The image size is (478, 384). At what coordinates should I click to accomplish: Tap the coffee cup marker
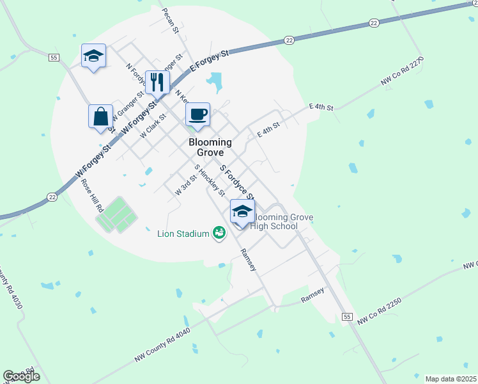197,114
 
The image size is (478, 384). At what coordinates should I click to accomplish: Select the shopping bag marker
100,117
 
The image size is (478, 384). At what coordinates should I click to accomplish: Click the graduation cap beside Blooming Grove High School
242,211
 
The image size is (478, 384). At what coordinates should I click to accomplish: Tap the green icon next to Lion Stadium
219,233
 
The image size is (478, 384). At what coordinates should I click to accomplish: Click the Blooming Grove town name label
206,148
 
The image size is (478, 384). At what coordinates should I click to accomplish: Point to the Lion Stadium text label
183,234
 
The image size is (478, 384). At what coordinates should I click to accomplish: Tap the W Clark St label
153,123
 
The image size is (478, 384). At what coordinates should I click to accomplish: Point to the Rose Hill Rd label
92,195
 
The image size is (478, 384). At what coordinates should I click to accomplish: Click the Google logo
21,376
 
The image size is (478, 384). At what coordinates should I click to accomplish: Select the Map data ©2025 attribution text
451,379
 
